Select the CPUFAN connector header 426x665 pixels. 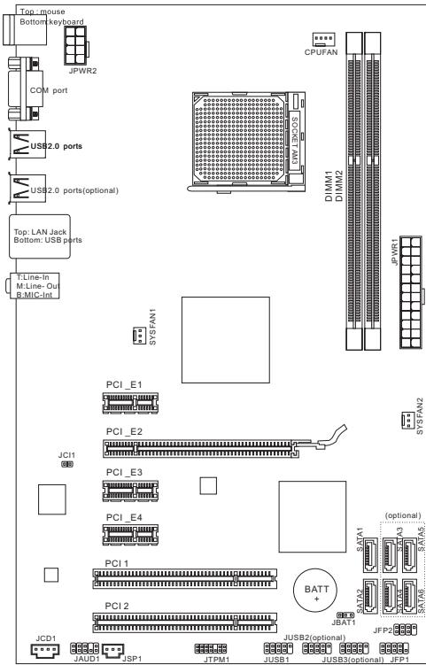coord(323,38)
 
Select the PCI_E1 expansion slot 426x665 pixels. coord(132,403)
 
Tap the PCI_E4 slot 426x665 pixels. coord(132,534)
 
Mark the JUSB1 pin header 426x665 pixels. coord(278,648)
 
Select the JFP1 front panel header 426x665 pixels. coord(393,648)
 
